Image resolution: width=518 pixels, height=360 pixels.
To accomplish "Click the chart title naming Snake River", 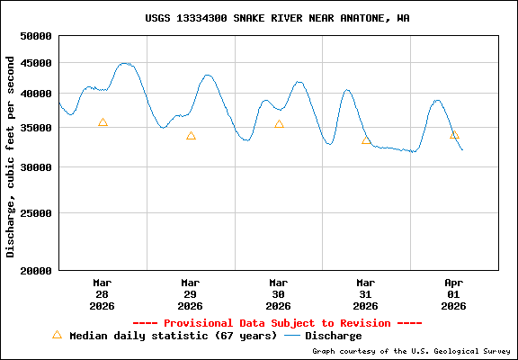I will click(x=277, y=18).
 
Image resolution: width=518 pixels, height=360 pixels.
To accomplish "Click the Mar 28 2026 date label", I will click(x=102, y=294).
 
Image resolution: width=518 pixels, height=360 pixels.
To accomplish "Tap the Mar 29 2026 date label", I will click(x=190, y=294).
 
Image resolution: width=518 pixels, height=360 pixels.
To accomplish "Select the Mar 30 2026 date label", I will click(x=278, y=294).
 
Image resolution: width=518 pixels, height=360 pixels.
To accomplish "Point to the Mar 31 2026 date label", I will click(x=365, y=294).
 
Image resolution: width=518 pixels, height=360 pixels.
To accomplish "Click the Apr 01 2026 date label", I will click(x=453, y=294).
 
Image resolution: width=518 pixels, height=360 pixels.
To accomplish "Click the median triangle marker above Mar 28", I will click(x=103, y=122).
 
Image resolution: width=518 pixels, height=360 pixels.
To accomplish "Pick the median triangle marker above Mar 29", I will click(x=191, y=136).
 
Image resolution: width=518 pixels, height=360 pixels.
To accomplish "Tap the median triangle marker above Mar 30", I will click(x=279, y=124).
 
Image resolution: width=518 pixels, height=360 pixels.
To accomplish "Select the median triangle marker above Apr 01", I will click(x=454, y=135).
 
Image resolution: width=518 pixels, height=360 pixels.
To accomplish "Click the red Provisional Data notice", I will click(x=277, y=323).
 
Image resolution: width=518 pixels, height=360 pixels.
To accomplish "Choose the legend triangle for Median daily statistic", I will click(x=57, y=335).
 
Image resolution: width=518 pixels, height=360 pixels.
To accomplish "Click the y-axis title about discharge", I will click(x=11, y=157).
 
